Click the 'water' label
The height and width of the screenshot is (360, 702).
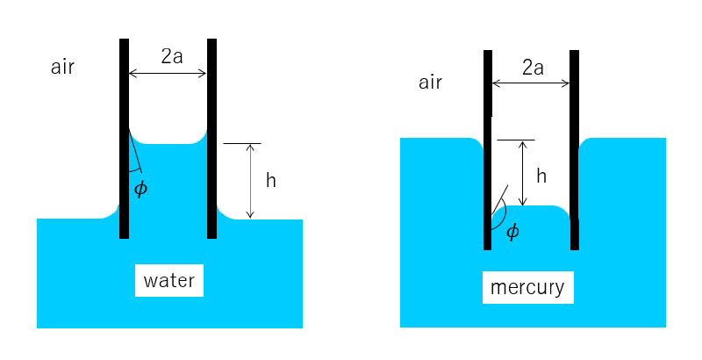click(168, 282)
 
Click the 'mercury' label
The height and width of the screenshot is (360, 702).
click(527, 287)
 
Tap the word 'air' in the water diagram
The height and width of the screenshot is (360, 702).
click(62, 68)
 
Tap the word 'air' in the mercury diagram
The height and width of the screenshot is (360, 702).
click(430, 83)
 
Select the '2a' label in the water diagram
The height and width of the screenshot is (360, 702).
click(172, 56)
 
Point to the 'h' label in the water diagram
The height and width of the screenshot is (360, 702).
click(271, 181)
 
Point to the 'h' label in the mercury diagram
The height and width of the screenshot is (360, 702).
click(541, 176)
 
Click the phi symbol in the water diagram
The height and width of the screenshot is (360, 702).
click(140, 188)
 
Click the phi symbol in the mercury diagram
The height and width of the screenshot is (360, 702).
click(513, 231)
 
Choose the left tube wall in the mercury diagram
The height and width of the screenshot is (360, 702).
click(487, 149)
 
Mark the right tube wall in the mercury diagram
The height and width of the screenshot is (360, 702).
click(575, 149)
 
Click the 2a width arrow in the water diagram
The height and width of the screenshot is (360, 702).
click(168, 74)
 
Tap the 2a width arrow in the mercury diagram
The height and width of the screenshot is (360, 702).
click(531, 84)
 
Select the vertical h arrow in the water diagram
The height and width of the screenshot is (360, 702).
click(251, 181)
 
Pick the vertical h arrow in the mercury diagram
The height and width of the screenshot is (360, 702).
click(523, 173)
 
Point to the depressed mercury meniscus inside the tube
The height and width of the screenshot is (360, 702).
click(531, 224)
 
